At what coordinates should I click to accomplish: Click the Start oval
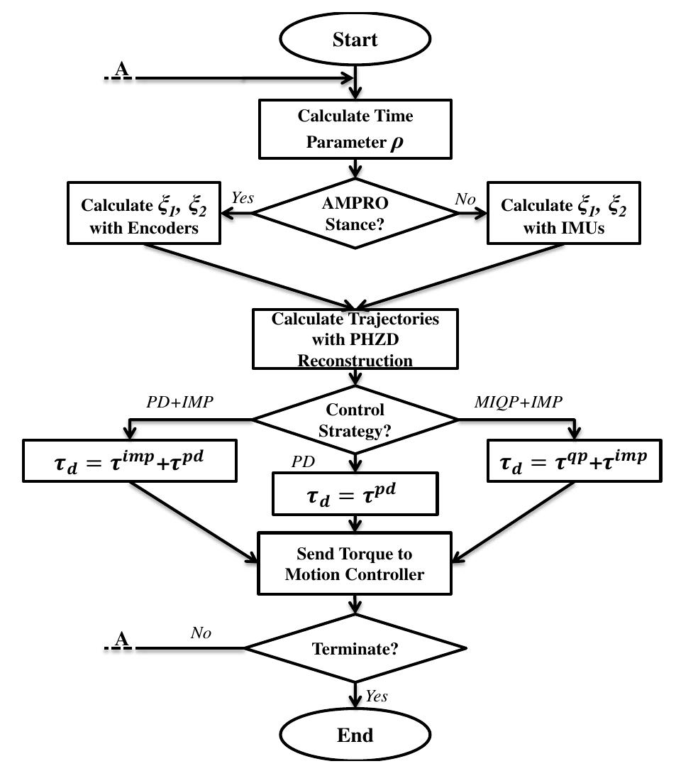point(355,40)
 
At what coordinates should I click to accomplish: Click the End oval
point(355,735)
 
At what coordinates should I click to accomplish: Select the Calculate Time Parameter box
point(355,128)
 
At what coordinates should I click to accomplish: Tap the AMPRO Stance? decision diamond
point(355,212)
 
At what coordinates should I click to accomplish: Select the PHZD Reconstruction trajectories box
point(355,339)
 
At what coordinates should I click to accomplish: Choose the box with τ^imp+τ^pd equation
point(130,461)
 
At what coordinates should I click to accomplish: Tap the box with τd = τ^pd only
point(355,493)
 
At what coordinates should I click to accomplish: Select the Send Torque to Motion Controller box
point(355,564)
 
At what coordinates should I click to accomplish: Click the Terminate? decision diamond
point(355,648)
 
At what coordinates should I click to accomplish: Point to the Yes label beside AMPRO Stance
point(242,198)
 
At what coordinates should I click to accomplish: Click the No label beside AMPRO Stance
point(465,199)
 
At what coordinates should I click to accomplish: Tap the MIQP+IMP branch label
point(518,402)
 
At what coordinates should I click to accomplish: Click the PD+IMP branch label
point(179,402)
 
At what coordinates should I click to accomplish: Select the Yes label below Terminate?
point(377,696)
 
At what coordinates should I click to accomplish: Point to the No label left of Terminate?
point(201,633)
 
